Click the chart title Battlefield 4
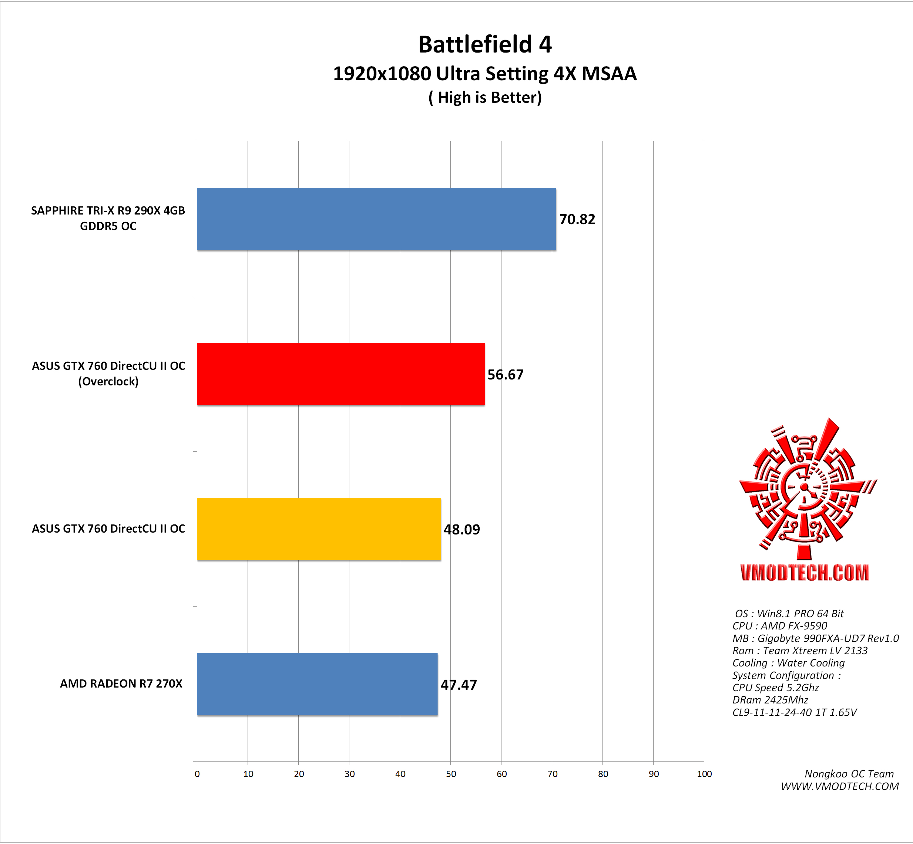tap(484, 45)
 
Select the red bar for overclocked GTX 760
tap(340, 374)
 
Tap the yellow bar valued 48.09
tap(319, 529)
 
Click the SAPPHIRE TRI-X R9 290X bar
tap(376, 219)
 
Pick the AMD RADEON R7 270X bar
tap(317, 684)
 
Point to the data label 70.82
tap(577, 220)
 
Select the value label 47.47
tap(458, 685)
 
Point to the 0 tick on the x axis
tap(197, 774)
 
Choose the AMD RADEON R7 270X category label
tap(121, 684)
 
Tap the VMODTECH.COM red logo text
tap(804, 573)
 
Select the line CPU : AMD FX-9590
tap(779, 626)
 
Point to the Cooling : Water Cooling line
tap(788, 663)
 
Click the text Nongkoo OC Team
tap(849, 774)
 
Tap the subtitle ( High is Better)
tap(485, 98)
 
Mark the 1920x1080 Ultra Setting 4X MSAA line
tap(484, 74)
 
